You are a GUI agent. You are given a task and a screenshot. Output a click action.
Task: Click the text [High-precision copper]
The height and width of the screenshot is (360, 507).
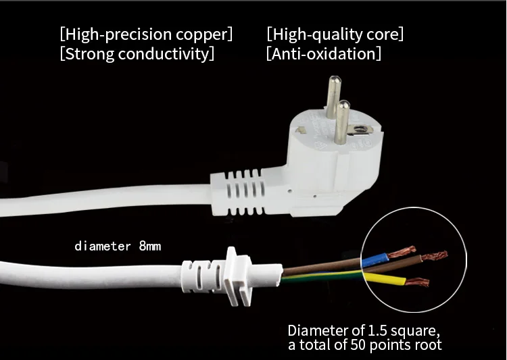(146, 33)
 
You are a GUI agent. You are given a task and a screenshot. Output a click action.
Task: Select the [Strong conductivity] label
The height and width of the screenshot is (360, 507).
(137, 53)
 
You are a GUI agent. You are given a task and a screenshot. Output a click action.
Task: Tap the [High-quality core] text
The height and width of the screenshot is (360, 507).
(335, 33)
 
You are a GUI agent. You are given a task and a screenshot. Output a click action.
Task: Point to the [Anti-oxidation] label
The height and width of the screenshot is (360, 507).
(323, 53)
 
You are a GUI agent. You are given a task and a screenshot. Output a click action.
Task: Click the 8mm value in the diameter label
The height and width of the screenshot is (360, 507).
(150, 246)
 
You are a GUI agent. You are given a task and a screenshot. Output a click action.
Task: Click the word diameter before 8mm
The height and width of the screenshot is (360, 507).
(103, 246)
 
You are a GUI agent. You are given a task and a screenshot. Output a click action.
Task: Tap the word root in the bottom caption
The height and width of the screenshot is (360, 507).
(427, 345)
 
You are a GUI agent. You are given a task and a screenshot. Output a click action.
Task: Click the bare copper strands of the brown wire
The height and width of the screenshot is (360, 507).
(435, 257)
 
